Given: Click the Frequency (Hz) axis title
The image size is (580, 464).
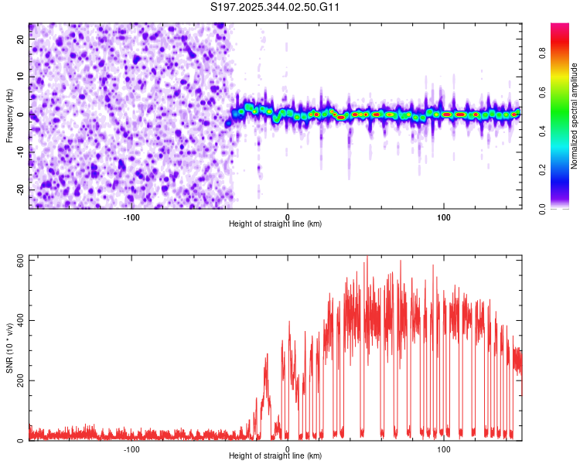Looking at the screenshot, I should tap(9, 115).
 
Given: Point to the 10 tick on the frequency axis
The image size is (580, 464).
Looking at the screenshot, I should tap(21, 77).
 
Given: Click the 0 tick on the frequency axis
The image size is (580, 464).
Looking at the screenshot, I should tap(21, 114).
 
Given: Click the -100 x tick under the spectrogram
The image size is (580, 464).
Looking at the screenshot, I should tap(131, 217).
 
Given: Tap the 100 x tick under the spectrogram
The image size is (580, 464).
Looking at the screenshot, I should tap(444, 217).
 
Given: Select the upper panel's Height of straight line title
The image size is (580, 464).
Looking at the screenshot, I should tap(276, 224).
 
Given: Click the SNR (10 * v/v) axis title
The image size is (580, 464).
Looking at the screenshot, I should tap(9, 348).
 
